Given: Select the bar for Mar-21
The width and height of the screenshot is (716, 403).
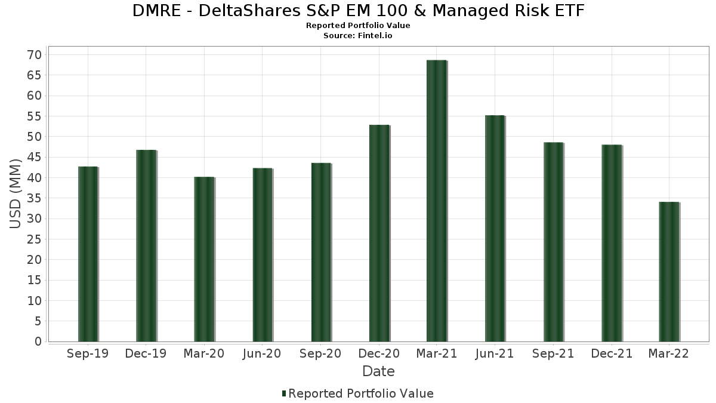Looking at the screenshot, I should (x=437, y=201).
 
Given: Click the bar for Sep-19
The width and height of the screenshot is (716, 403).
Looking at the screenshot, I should (x=88, y=254).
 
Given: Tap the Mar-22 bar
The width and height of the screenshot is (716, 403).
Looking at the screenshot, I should (x=669, y=272).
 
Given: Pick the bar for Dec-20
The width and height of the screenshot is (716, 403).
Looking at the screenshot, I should (x=379, y=233).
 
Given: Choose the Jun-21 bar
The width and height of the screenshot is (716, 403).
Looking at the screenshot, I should (x=495, y=228).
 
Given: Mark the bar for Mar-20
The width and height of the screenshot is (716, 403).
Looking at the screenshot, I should (x=204, y=259).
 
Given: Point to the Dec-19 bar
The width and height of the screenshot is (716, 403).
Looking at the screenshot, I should (x=146, y=245).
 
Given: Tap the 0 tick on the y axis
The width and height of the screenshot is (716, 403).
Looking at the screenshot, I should (x=38, y=342).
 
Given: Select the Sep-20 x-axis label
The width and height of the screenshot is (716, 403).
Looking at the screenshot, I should (x=320, y=354).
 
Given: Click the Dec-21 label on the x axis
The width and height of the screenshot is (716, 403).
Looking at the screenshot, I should (x=612, y=354).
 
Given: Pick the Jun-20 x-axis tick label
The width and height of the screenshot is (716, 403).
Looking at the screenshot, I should (x=262, y=354).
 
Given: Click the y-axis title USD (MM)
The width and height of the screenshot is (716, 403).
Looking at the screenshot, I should (x=16, y=193).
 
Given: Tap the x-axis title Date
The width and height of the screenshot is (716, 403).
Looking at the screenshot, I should (x=378, y=371).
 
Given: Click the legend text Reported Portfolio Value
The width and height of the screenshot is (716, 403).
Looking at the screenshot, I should (x=361, y=393).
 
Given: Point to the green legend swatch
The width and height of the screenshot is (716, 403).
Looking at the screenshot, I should (x=284, y=393).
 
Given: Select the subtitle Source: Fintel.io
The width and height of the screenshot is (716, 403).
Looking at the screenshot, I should (x=358, y=36).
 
